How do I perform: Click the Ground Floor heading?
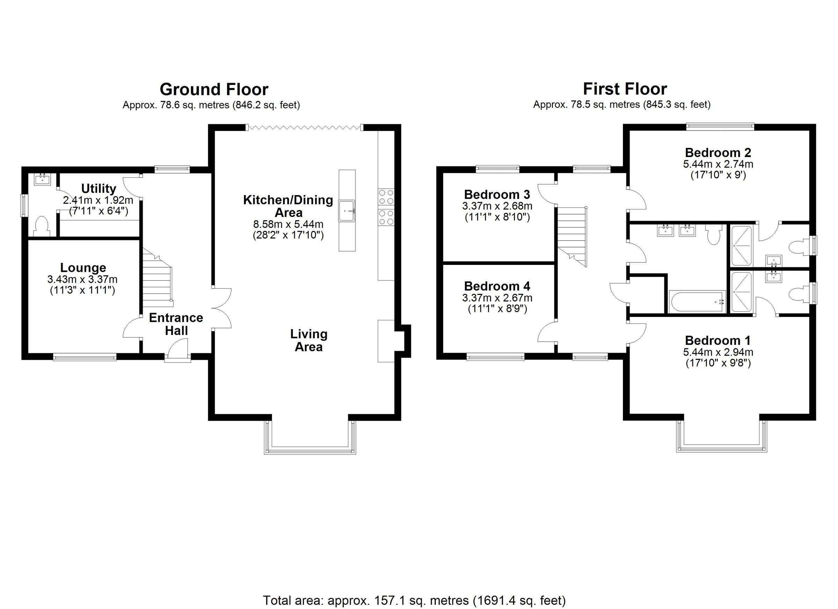214,90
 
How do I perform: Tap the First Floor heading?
625,89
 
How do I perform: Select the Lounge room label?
83,267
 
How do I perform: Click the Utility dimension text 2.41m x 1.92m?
98,201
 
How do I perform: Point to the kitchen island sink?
347,211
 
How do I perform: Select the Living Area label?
309,341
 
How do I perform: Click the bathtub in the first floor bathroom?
697,302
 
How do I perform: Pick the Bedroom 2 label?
718,153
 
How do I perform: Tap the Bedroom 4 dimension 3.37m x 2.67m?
497,298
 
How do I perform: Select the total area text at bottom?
414,601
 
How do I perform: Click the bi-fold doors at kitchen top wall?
305,128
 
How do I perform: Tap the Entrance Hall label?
176,324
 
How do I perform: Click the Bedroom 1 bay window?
721,448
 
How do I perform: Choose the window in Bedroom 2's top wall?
720,127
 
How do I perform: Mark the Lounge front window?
84,357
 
